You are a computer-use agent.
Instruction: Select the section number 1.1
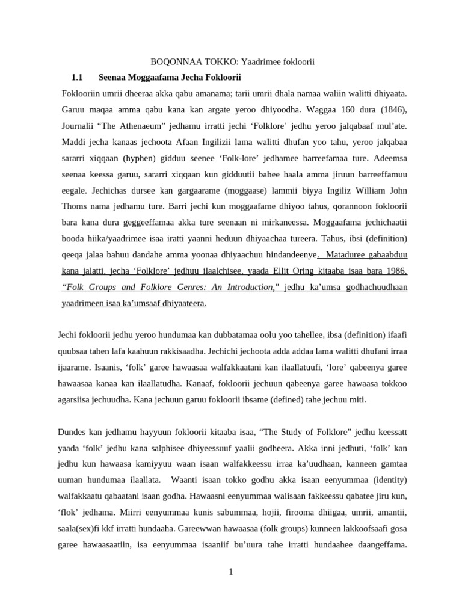(x=76, y=78)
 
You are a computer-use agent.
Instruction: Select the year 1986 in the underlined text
(x=395, y=271)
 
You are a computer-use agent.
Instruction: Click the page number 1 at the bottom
(x=230, y=572)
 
